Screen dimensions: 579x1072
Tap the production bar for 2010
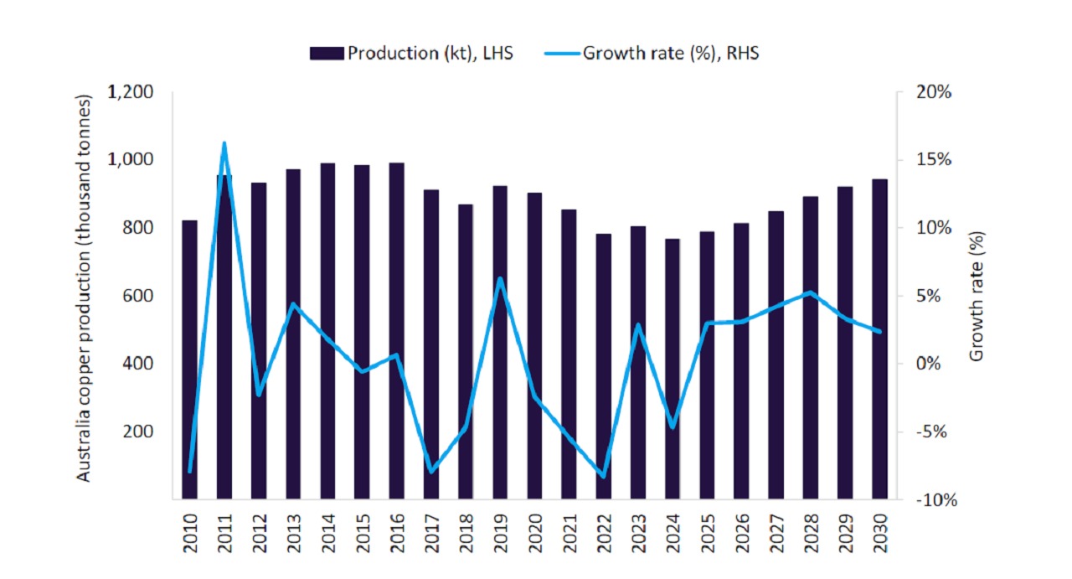click(190, 360)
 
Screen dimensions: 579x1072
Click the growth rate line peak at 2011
click(224, 143)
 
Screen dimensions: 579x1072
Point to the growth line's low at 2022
click(603, 477)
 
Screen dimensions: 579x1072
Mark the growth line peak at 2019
click(500, 278)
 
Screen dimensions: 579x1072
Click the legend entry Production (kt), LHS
click(410, 54)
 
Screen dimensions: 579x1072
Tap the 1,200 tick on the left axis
click(130, 92)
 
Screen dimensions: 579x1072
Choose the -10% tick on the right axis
click(934, 500)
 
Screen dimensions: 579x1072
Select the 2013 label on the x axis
click(293, 531)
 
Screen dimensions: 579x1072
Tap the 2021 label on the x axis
click(569, 531)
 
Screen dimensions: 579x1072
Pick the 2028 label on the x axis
click(811, 531)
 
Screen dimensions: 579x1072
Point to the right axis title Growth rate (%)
click(977, 296)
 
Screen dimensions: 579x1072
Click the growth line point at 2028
click(810, 292)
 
